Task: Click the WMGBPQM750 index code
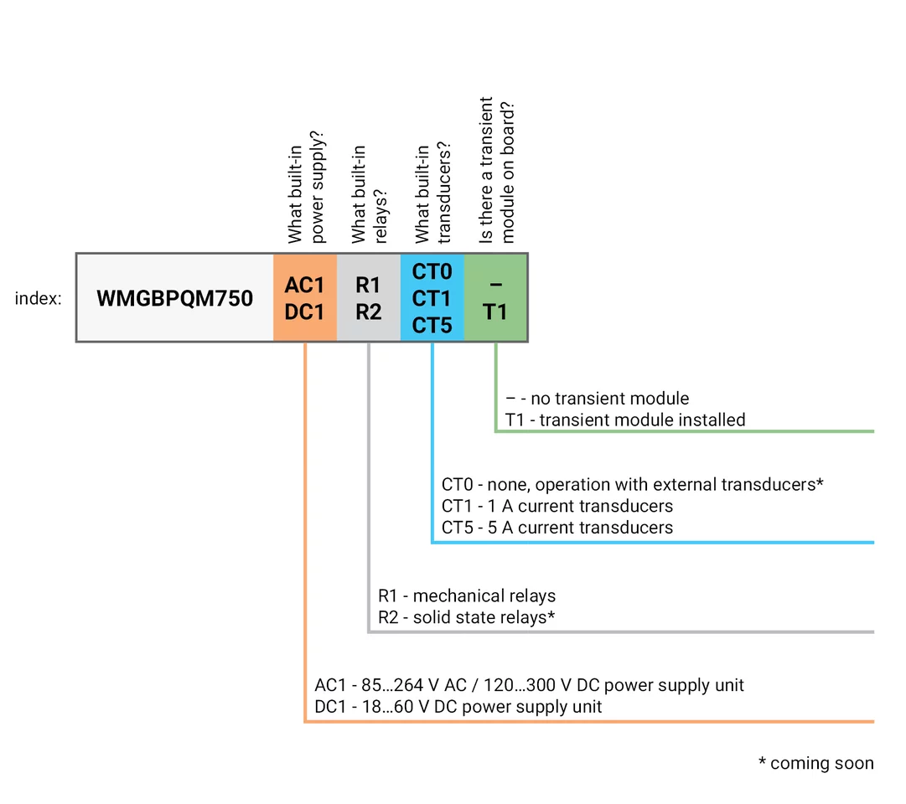tap(174, 298)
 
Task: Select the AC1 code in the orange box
tap(304, 285)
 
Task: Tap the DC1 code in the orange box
tap(304, 312)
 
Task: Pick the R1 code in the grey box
tap(368, 285)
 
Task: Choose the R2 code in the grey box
tap(368, 312)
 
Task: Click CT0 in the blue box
tap(432, 272)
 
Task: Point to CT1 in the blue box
tap(432, 298)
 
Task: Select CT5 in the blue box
tap(432, 325)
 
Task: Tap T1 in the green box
tap(495, 312)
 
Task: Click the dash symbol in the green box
tap(495, 286)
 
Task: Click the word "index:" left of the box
tap(38, 299)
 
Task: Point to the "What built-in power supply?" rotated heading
tap(306, 186)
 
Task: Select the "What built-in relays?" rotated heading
tap(370, 194)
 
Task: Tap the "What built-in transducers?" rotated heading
tap(433, 194)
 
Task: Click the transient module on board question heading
tap(497, 171)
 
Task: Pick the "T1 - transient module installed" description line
tap(625, 420)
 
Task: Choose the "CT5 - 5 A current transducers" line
tap(557, 528)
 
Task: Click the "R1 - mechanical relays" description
tap(467, 596)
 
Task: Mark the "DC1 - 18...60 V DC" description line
tap(458, 707)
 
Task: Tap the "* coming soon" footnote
tap(815, 763)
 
